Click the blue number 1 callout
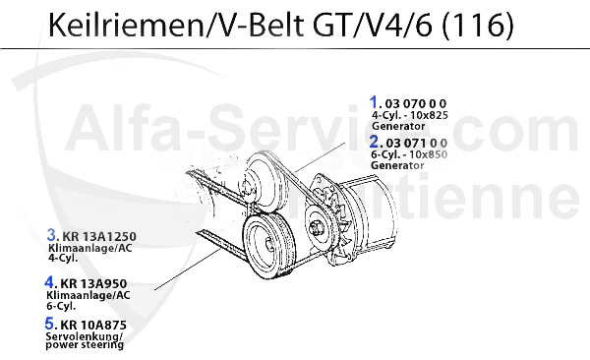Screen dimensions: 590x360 (x=374, y=102)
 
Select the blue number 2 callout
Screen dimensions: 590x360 (x=375, y=142)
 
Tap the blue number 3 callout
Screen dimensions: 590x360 (x=51, y=235)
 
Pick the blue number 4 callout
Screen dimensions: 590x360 (x=49, y=281)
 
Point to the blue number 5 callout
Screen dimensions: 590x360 (x=50, y=323)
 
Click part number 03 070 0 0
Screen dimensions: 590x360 (x=416, y=103)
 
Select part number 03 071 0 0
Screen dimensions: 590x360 (x=417, y=143)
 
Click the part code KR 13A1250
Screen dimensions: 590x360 (x=99, y=236)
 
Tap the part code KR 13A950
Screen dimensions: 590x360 (x=93, y=283)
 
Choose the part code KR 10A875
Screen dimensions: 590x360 (x=93, y=325)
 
